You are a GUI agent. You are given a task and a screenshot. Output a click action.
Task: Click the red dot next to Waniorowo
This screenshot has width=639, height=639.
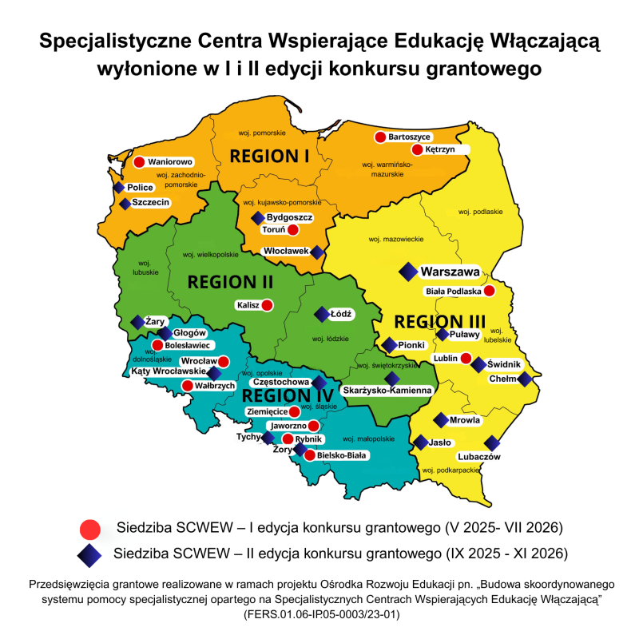(138, 162)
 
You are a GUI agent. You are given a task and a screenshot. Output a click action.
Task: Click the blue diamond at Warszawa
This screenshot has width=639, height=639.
(409, 272)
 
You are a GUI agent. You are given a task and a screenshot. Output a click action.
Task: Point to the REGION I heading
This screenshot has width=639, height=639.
(269, 154)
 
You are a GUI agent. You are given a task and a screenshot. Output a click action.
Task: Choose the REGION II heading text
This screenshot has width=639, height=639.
(230, 282)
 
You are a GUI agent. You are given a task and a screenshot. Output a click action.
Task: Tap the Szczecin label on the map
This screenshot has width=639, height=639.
(151, 203)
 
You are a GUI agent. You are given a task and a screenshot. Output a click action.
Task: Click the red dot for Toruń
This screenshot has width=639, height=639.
(292, 230)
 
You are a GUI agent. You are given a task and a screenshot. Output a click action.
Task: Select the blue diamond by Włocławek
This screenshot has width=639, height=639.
(317, 252)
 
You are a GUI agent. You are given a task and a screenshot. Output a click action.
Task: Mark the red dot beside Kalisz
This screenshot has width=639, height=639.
(267, 304)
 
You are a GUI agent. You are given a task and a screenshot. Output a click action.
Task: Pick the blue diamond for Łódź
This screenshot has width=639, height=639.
(321, 314)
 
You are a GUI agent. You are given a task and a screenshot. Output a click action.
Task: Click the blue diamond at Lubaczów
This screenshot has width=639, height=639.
(492, 443)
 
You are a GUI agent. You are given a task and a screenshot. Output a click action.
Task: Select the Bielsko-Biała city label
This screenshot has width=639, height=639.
(342, 455)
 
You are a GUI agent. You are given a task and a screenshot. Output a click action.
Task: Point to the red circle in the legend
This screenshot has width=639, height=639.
(90, 528)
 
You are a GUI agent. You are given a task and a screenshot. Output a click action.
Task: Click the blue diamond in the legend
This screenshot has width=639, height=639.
(90, 553)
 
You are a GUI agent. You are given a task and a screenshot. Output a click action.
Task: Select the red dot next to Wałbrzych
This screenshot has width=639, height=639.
(187, 386)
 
